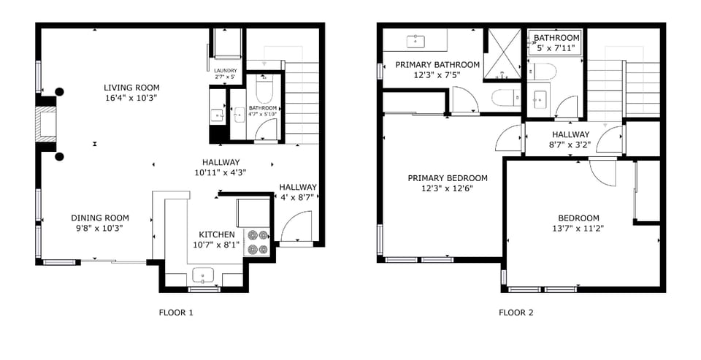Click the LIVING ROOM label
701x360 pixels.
pos(131,88)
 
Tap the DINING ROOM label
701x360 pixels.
pos(100,218)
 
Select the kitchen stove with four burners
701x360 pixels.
pos(258,242)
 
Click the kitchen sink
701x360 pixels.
pos(202,275)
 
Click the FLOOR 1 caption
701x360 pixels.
pos(176,313)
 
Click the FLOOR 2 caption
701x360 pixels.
pos(516,313)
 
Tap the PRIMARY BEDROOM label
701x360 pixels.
pos(447,178)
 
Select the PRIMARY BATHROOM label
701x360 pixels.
pos(437,65)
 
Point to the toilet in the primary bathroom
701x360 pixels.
pos(504,97)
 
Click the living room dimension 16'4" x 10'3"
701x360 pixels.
pos(131,97)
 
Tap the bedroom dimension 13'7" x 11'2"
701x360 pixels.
pos(578,228)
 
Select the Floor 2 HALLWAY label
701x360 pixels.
pos(570,134)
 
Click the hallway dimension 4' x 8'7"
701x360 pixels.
pos(298,197)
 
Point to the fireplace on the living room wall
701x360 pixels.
pos(47,124)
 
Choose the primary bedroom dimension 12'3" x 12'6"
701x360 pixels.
pos(447,188)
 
